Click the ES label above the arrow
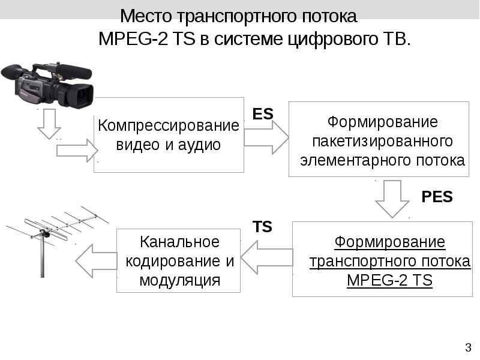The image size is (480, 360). (262, 113)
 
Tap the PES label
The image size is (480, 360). (437, 197)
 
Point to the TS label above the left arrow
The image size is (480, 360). (262, 227)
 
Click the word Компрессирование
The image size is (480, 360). (169, 126)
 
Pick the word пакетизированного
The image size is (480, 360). (382, 142)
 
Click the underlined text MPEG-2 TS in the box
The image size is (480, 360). (389, 281)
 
